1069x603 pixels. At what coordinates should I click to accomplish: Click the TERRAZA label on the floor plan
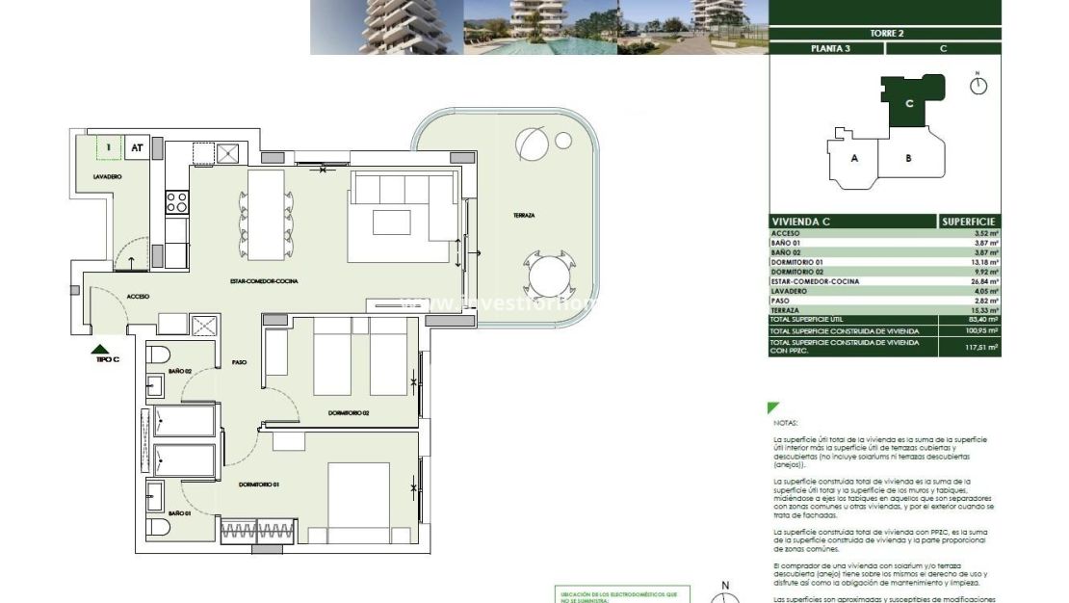[524, 216]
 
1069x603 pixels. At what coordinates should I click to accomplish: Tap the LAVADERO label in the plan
[107, 177]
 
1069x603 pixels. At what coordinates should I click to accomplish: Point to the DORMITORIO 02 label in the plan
[349, 413]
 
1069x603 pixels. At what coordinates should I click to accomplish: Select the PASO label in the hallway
[240, 362]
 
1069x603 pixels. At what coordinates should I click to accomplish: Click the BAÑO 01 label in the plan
[180, 514]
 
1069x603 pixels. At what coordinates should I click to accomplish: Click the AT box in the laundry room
[137, 148]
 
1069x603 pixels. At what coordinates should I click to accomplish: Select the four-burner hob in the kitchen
[177, 201]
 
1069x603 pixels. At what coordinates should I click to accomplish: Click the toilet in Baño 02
[159, 354]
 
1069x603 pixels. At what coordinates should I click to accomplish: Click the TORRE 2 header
[886, 33]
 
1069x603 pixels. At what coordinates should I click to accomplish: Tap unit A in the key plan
[853, 158]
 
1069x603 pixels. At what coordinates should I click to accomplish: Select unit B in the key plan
[907, 158]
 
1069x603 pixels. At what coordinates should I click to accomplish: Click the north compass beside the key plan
[978, 86]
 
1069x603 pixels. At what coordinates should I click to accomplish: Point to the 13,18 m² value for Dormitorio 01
[984, 262]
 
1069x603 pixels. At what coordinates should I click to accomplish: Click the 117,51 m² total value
[982, 347]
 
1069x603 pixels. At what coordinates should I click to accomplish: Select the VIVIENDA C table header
[801, 222]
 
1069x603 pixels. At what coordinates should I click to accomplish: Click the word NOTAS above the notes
[786, 422]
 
